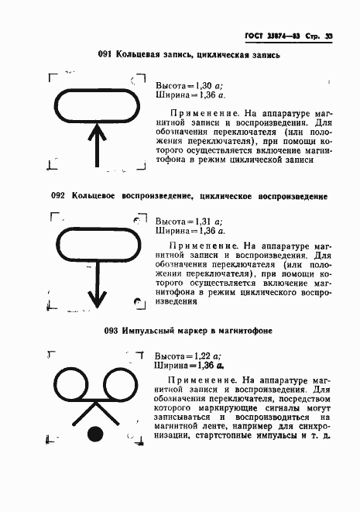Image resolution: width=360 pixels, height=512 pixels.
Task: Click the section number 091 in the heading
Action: [105, 54]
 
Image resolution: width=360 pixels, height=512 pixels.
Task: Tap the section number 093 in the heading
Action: [111, 332]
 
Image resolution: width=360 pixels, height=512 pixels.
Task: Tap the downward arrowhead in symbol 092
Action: [96, 298]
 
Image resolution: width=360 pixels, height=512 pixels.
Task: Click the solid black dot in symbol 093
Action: [96, 434]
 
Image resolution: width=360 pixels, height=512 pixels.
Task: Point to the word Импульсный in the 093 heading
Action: [152, 332]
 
